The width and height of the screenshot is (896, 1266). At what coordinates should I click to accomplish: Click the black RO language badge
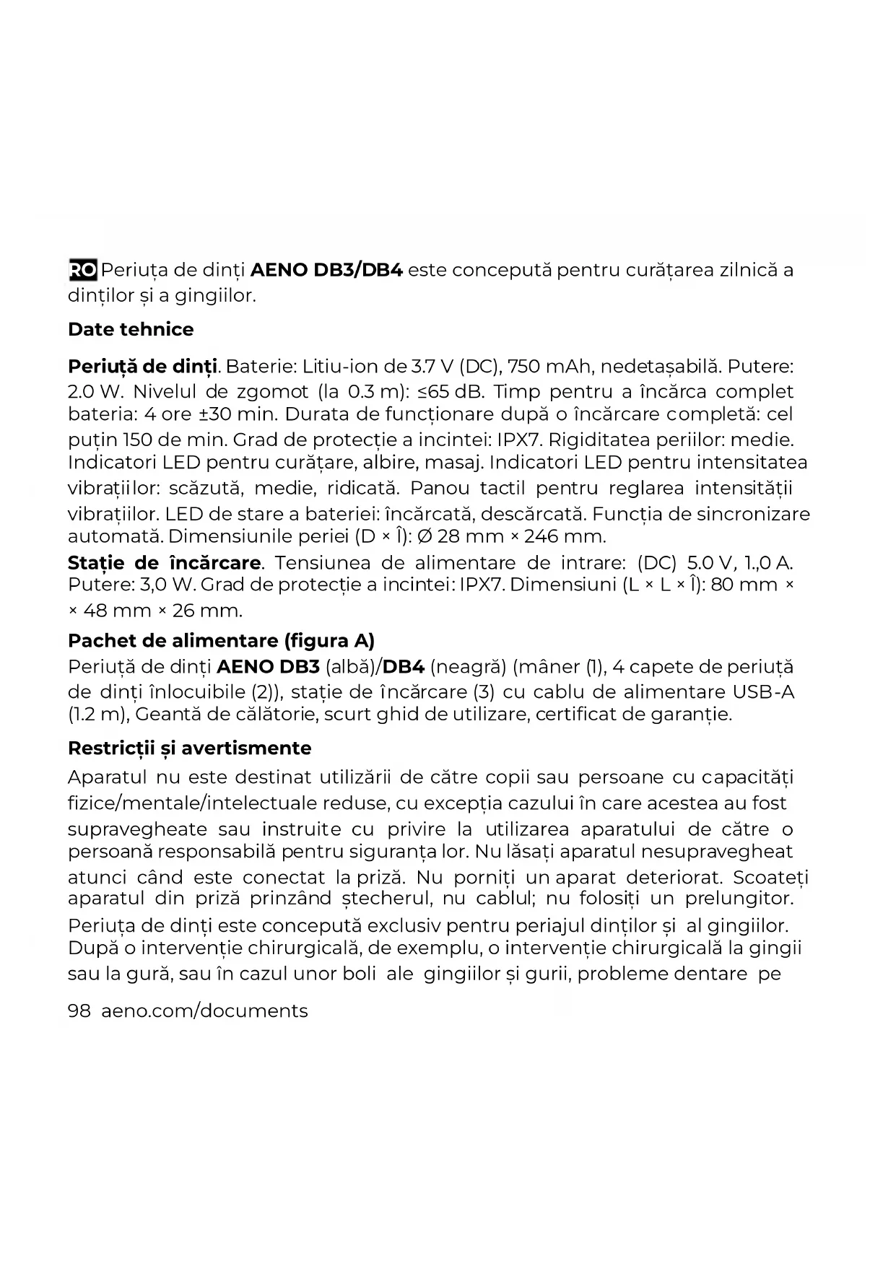(82, 271)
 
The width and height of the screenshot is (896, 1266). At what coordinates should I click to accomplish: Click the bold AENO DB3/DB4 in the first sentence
(326, 271)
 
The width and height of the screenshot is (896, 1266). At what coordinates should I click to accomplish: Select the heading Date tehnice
(131, 330)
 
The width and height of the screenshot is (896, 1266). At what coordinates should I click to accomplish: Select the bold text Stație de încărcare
(164, 563)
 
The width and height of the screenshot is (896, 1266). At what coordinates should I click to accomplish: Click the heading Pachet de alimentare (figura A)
(221, 641)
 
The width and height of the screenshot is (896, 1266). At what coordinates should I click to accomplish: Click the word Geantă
(169, 715)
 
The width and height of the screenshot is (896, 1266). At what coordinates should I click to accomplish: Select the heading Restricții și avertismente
(189, 748)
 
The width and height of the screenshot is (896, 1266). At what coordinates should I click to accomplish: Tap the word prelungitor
(738, 899)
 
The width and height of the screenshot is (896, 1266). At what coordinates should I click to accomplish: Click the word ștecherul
(382, 899)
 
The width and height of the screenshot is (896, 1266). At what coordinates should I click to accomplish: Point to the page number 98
(79, 1011)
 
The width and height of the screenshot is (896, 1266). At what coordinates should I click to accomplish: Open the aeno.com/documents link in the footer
(204, 1011)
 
